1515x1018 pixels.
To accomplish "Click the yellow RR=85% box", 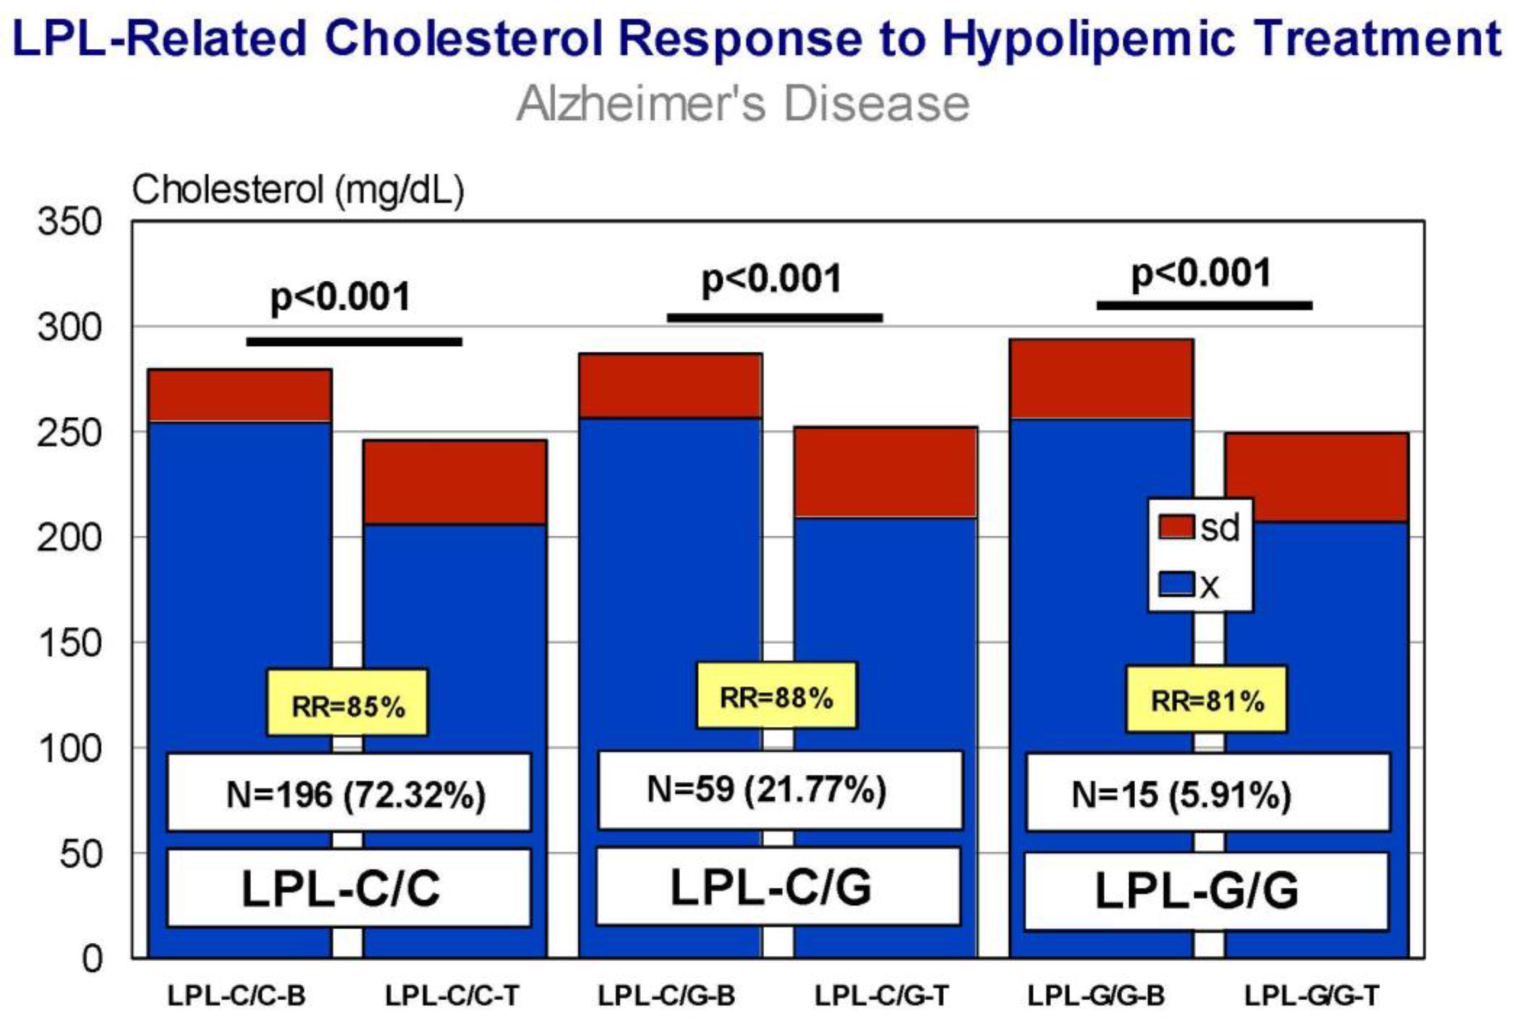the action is click(347, 702).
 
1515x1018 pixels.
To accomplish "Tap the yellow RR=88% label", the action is click(777, 695).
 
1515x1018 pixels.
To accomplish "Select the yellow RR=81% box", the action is click(1207, 699).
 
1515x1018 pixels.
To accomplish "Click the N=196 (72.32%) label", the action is click(349, 792).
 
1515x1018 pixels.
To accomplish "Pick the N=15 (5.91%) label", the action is click(1208, 792).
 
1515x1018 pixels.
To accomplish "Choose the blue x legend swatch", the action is click(1176, 584).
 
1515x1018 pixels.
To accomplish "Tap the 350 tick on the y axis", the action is click(69, 221).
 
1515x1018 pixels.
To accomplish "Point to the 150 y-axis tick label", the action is click(69, 643).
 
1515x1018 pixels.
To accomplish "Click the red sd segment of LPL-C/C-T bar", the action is click(455, 482).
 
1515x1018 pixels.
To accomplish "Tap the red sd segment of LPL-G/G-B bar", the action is click(1101, 379).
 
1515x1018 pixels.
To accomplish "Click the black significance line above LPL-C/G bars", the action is click(775, 317).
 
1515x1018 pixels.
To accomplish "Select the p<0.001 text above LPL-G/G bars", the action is click(1201, 274).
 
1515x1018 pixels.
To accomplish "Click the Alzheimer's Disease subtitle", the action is click(743, 103).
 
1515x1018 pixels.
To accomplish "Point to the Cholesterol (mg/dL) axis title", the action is click(298, 190).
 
